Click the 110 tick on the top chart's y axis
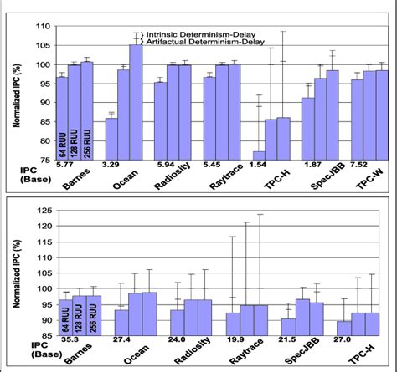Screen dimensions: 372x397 coord(39,26)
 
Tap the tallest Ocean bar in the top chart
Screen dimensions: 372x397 coord(136,100)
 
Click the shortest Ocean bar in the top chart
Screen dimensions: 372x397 coord(110,138)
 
